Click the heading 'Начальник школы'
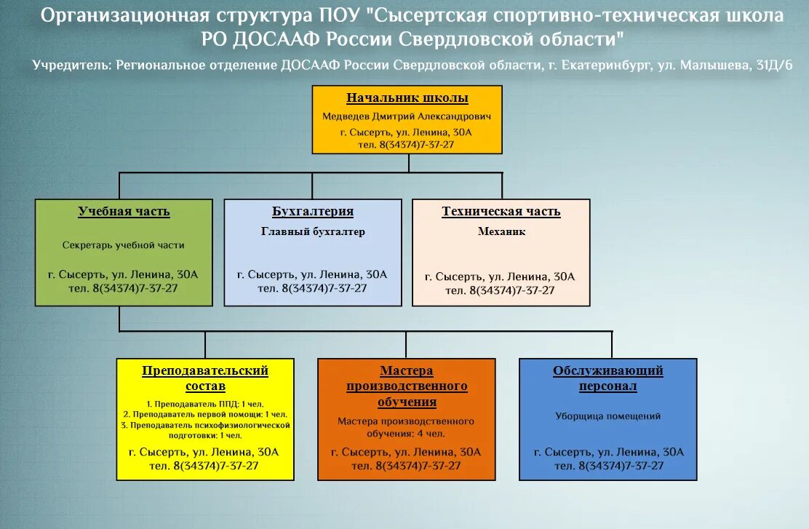click(407, 98)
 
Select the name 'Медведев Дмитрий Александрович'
click(407, 116)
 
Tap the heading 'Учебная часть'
click(124, 212)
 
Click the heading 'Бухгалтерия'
click(313, 212)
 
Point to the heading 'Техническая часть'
click(501, 212)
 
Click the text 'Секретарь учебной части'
click(124, 245)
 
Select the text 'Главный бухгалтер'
click(313, 232)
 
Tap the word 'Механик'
click(501, 232)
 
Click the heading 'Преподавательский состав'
click(205, 378)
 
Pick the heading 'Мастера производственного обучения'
click(407, 386)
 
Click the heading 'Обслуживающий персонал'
click(607, 378)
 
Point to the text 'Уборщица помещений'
click(607, 417)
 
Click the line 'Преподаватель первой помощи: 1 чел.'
click(205, 414)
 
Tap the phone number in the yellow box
click(205, 466)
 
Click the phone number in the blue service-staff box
click(608, 466)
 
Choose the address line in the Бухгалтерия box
click(312, 275)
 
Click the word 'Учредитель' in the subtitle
click(71, 65)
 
